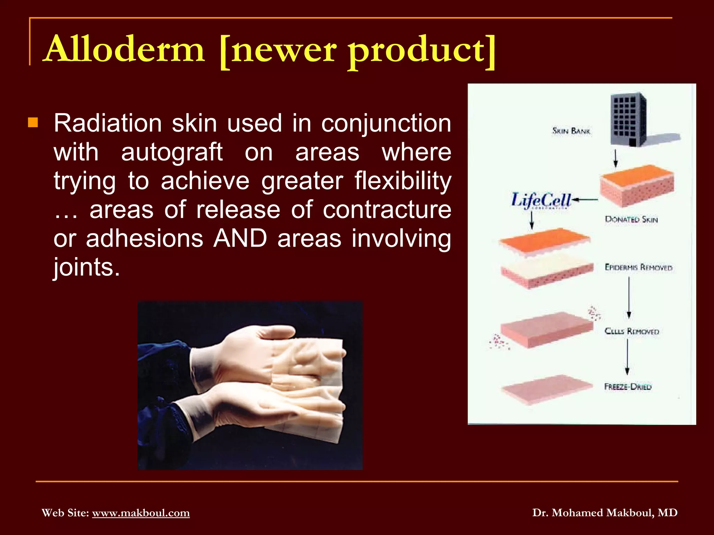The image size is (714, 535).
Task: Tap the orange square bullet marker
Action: tap(33, 123)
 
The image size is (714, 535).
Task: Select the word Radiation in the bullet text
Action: tap(108, 123)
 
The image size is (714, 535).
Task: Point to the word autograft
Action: tap(172, 153)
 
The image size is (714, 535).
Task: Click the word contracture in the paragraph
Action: tap(387, 210)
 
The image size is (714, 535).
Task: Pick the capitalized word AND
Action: tap(240, 239)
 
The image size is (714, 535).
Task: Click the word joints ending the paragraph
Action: tap(86, 267)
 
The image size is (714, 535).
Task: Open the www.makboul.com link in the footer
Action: tap(141, 513)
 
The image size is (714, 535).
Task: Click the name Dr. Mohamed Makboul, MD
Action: tap(605, 513)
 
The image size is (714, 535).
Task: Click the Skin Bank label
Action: tap(571, 131)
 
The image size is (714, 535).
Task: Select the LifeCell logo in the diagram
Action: tap(541, 201)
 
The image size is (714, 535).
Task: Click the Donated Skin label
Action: tap(631, 219)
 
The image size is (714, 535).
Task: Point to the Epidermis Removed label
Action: tap(638, 267)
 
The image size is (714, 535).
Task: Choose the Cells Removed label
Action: tap(632, 331)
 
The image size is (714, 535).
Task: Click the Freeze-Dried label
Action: tap(628, 387)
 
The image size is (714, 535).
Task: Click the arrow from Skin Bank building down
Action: tap(616, 158)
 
